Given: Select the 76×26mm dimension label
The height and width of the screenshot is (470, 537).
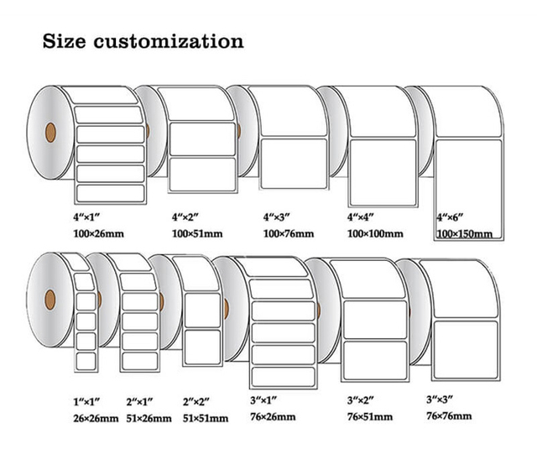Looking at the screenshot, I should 275,415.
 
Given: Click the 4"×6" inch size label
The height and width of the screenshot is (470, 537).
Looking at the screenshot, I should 451,217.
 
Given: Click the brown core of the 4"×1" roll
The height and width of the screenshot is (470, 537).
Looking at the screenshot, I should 49,131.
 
